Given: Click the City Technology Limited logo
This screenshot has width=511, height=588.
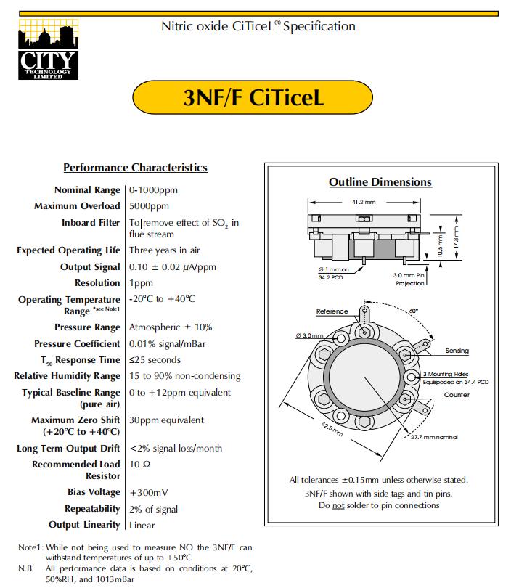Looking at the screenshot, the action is click(49, 49).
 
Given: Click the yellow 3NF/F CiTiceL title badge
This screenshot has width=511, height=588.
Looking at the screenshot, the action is click(253, 97).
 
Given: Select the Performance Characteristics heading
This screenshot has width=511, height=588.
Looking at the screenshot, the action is click(135, 168).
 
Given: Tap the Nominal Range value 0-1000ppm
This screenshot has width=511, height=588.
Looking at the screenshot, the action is click(153, 190).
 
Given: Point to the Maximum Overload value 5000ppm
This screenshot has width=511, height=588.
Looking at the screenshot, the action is click(150, 206).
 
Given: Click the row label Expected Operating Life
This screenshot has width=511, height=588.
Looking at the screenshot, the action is click(69, 250).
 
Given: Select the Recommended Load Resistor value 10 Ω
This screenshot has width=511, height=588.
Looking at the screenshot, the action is click(140, 465).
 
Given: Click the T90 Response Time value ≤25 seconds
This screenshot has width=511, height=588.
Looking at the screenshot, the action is click(155, 360).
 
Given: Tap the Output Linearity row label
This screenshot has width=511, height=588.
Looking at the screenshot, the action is click(84, 525).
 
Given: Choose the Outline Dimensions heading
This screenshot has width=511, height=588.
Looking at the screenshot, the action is click(380, 182).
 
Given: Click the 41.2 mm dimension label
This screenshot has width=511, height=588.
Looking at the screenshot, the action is click(364, 202).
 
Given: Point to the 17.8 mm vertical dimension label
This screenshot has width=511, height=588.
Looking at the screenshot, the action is click(456, 237).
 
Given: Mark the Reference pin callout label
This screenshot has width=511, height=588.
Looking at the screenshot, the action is click(332, 311).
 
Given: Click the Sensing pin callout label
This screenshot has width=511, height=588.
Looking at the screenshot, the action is click(457, 351).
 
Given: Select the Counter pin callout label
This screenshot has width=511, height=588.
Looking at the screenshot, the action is click(457, 395).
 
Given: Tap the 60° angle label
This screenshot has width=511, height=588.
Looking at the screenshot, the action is click(414, 311).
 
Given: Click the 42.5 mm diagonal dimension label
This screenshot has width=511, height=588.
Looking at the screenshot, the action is click(332, 429).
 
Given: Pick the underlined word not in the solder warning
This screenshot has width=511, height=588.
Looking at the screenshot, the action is click(338, 505).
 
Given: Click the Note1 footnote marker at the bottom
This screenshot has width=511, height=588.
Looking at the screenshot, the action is click(30, 547).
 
